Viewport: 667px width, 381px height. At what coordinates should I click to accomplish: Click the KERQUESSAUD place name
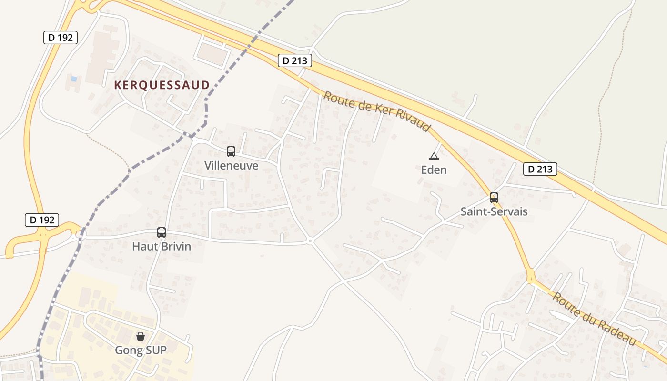[x=162, y=85]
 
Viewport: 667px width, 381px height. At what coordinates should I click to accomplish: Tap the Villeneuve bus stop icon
[x=231, y=151]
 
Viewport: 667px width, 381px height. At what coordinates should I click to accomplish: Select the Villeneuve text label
[x=231, y=166]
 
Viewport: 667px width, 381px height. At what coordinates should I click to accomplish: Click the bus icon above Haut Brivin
[x=162, y=232]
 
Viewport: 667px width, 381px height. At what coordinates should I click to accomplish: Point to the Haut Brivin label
[x=162, y=247]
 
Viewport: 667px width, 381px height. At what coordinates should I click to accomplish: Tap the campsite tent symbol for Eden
[x=434, y=156]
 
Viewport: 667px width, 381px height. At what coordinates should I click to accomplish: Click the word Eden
[x=434, y=170]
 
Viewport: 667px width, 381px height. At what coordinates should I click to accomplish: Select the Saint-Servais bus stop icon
[x=494, y=197]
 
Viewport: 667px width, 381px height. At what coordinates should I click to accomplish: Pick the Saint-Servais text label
[x=494, y=211]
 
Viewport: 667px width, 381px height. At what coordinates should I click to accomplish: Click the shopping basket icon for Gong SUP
[x=141, y=336]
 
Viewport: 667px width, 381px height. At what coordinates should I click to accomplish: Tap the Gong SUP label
[x=141, y=351]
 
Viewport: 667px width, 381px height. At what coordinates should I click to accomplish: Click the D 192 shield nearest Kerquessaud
[x=61, y=38]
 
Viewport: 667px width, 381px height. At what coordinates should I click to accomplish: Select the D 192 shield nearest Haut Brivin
[x=42, y=220]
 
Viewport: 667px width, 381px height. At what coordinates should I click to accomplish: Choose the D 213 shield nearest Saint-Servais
[x=540, y=169]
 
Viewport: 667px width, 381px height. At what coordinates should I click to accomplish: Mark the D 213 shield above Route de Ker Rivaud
[x=295, y=60]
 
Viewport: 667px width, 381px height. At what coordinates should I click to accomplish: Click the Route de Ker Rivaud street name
[x=377, y=112]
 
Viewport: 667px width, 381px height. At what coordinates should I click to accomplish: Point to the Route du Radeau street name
[x=594, y=319]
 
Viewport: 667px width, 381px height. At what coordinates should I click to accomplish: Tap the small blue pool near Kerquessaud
[x=73, y=79]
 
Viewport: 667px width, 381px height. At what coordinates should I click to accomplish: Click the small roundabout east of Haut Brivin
[x=310, y=241]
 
